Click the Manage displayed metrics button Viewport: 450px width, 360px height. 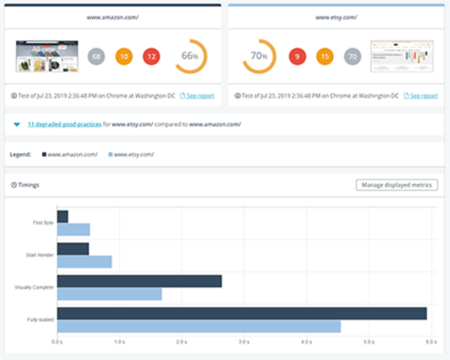[397, 185]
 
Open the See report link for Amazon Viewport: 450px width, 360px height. [200, 96]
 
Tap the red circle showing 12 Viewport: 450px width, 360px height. [151, 57]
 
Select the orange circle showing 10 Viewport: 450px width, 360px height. [124, 57]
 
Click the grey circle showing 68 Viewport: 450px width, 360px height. [96, 57]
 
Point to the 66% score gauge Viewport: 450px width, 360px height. [190, 56]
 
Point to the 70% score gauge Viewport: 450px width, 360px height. [259, 56]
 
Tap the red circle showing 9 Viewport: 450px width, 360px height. [297, 57]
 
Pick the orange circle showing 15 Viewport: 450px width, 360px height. [325, 57]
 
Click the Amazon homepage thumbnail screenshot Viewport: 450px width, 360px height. [47, 56]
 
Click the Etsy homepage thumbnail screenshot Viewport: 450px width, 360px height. [402, 56]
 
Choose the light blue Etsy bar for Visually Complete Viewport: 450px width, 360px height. [109, 294]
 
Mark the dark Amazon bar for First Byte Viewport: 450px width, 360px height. [63, 217]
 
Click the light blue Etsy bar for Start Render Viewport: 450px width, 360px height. [84, 262]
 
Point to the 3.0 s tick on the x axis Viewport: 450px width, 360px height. [244, 342]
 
